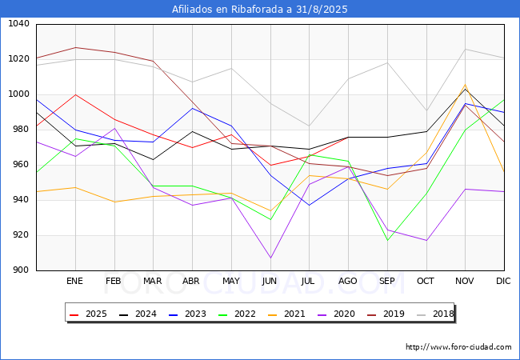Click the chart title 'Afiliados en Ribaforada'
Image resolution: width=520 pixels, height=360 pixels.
tap(260, 10)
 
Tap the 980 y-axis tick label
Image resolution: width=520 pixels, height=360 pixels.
tap(19, 130)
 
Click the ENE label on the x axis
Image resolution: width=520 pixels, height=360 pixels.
tap(74, 282)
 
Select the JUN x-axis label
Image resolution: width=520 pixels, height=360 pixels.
tap(270, 282)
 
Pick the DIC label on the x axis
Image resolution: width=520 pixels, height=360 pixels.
tap(503, 282)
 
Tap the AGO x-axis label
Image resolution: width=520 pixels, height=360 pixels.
tap(348, 282)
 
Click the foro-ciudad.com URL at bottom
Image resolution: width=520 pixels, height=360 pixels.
tap(458, 347)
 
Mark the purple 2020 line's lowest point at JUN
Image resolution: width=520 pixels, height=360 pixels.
tap(270, 258)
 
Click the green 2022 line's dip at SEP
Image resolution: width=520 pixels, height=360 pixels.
tap(387, 241)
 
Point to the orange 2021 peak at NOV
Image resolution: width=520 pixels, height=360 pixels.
tap(465, 85)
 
